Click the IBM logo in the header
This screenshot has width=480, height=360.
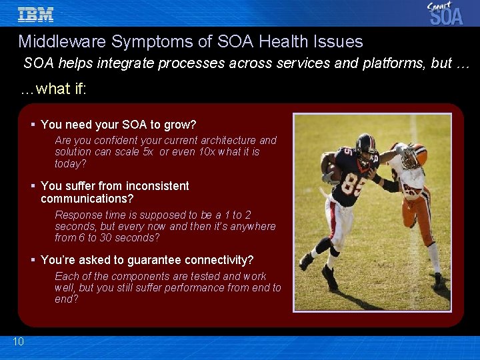point(35,14)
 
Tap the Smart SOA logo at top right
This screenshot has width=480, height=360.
point(445,13)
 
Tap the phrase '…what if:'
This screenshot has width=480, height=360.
point(53,89)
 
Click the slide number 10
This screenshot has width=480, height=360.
point(18,342)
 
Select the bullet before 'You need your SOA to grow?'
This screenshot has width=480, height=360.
point(33,125)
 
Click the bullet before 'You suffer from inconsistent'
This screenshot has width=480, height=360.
point(33,186)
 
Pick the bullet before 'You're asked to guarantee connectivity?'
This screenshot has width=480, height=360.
point(33,260)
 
